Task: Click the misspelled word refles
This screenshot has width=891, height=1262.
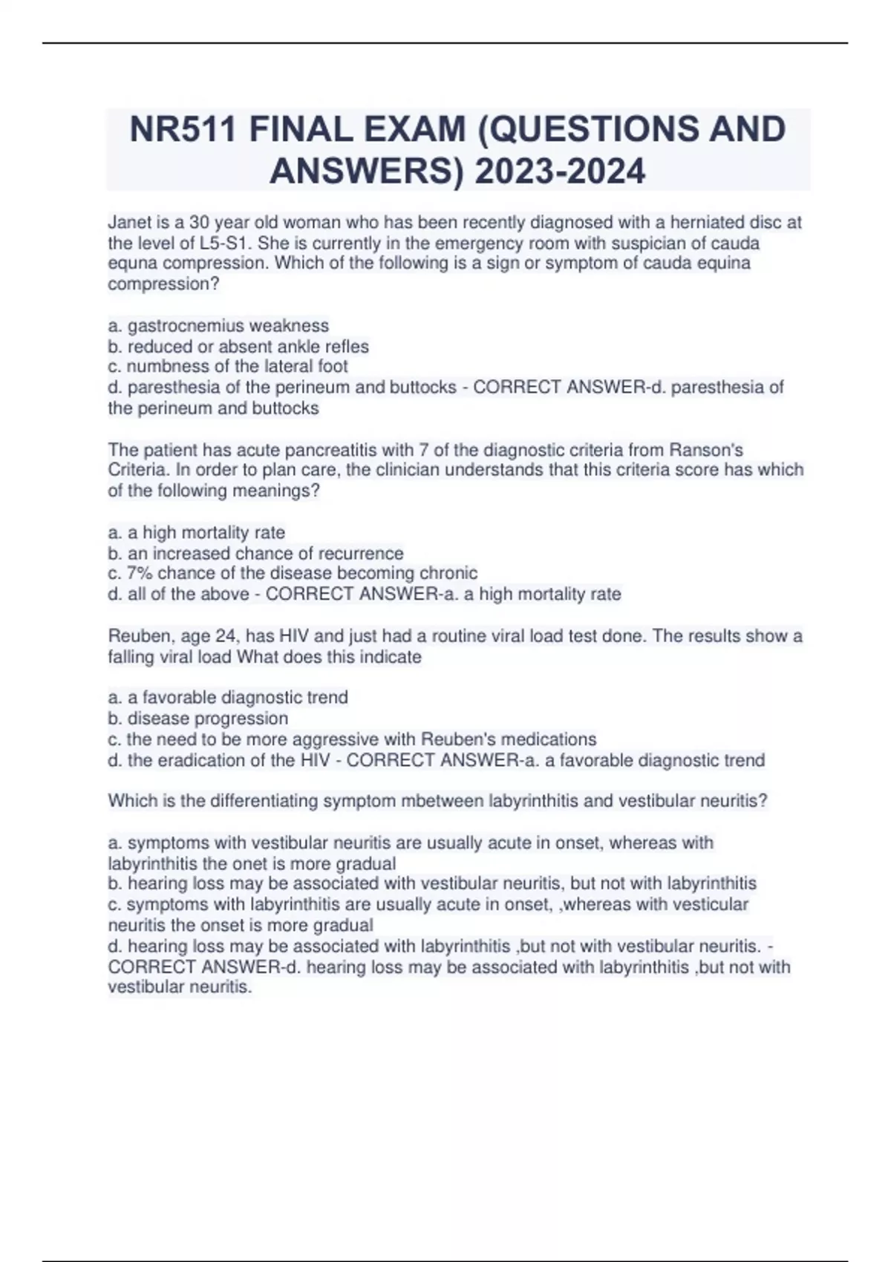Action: pyautogui.click(x=347, y=347)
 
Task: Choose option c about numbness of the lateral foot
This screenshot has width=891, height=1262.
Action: pyautogui.click(x=228, y=367)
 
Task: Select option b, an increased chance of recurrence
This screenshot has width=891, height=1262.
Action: pyautogui.click(x=256, y=553)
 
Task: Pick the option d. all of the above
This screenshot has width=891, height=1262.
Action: pyautogui.click(x=178, y=594)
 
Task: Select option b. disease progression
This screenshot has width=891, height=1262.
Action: pyautogui.click(x=198, y=719)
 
